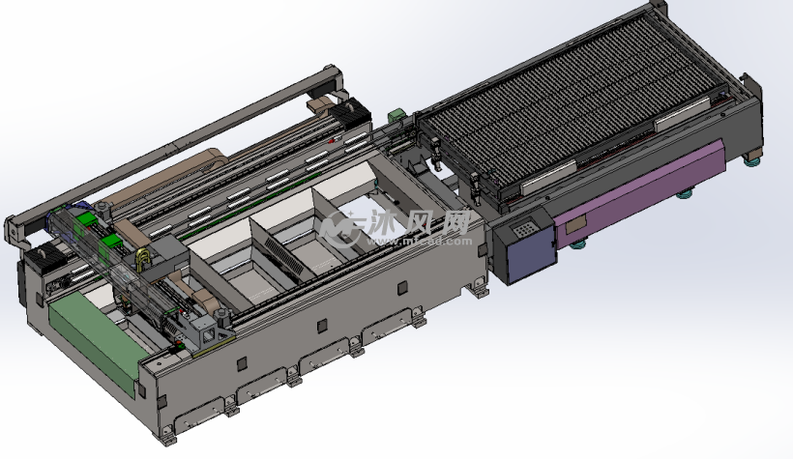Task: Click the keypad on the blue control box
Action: [x=523, y=229]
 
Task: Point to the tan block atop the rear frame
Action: [x=319, y=102]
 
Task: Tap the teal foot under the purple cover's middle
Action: [x=685, y=193]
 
